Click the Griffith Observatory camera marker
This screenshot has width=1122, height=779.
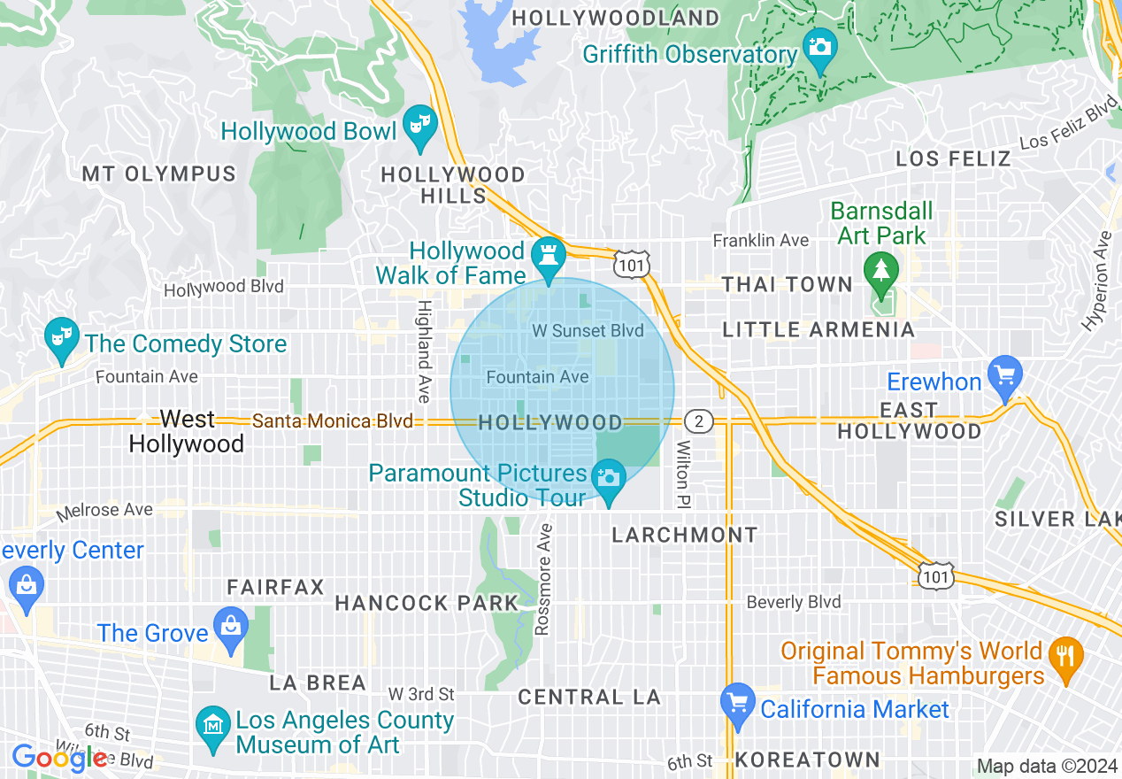point(820,44)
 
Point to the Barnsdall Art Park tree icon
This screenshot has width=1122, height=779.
point(880,269)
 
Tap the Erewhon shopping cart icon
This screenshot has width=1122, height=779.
point(1004,373)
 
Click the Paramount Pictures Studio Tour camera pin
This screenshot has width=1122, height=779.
point(609,479)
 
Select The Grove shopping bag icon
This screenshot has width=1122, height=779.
point(231,624)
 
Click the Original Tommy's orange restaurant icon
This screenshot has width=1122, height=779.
point(1065,656)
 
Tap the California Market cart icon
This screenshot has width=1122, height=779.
point(737,700)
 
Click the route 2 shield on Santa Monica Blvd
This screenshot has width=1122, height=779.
point(699,421)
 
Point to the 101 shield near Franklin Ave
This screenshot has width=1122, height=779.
point(633,264)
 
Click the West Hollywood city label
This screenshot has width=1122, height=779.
point(187,431)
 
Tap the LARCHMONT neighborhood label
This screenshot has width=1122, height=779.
point(685,535)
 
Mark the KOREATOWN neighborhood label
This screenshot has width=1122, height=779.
point(807,760)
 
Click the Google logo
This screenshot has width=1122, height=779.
point(58,758)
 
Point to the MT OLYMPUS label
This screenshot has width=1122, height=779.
point(159,174)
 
